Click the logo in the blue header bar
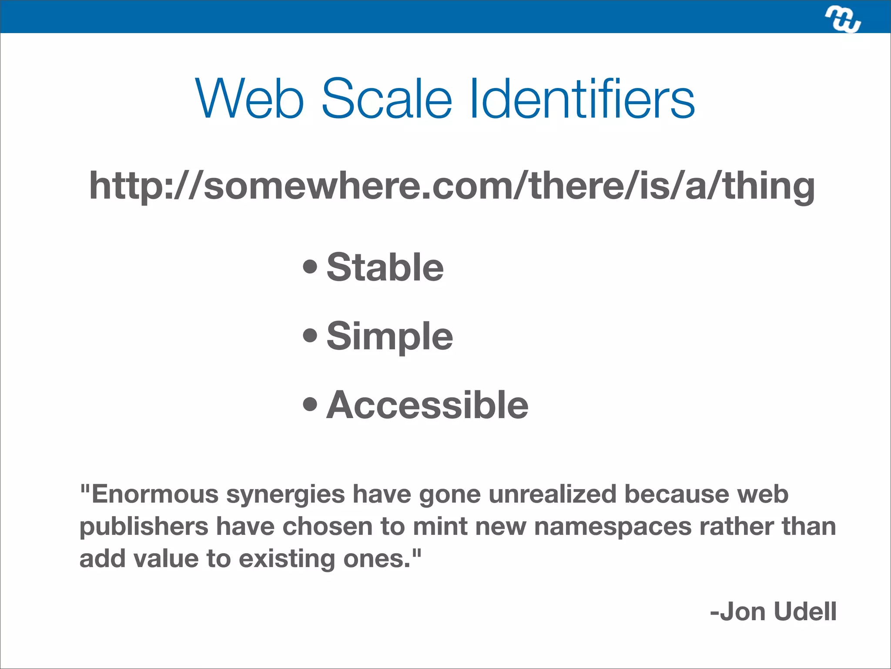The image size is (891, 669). pos(843,20)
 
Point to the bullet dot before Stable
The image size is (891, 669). pos(310,267)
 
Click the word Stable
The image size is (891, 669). pos(385,267)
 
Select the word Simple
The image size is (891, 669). pos(389,336)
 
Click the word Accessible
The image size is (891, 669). pos(427,405)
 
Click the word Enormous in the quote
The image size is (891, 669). pos(155,494)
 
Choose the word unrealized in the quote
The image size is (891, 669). pos(553,494)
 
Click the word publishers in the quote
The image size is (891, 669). pos(144,527)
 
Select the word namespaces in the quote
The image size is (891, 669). pos(613,527)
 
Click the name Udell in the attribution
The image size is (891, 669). pos(805,612)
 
